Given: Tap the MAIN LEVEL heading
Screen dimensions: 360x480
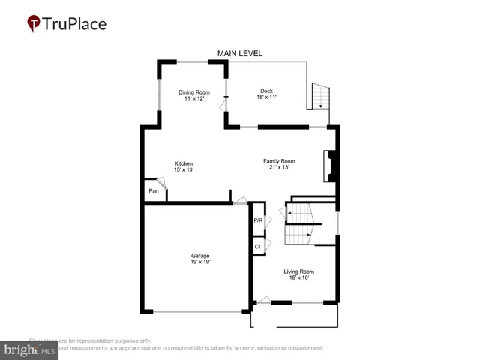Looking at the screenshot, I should pos(240,53).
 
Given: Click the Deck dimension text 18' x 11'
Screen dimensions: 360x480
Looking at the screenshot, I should pos(266,98).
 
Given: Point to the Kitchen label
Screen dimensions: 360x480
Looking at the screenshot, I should pos(184,163).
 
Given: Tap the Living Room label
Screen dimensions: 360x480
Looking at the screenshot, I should pos(298,271).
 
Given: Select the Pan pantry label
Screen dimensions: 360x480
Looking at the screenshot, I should pos(153,191).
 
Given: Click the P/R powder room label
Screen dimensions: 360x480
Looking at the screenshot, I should pos(257,220).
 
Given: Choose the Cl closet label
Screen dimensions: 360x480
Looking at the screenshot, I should pos(257,246).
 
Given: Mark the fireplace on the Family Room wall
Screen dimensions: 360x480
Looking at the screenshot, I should pos(330,166).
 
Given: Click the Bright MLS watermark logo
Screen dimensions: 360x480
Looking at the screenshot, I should pos(30,349).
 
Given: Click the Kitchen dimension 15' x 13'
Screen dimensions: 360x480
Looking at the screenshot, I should pos(184,170).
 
